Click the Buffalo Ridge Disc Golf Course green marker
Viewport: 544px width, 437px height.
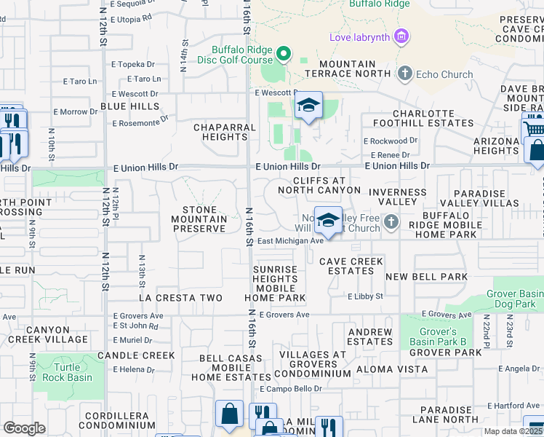284,54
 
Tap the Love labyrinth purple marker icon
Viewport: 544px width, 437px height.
400,36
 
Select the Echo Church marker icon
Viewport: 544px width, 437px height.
405,74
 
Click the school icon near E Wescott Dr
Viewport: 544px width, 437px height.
308,106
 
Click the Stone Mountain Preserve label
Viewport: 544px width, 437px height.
199,219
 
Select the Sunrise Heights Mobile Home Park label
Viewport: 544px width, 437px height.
275,284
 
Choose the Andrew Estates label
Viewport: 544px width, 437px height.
370,336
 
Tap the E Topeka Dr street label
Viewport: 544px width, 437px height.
132,64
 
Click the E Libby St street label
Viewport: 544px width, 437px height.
364,296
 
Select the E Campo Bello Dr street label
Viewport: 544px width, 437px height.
291,389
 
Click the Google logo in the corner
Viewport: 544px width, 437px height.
24,428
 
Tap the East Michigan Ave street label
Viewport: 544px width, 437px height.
289,240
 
